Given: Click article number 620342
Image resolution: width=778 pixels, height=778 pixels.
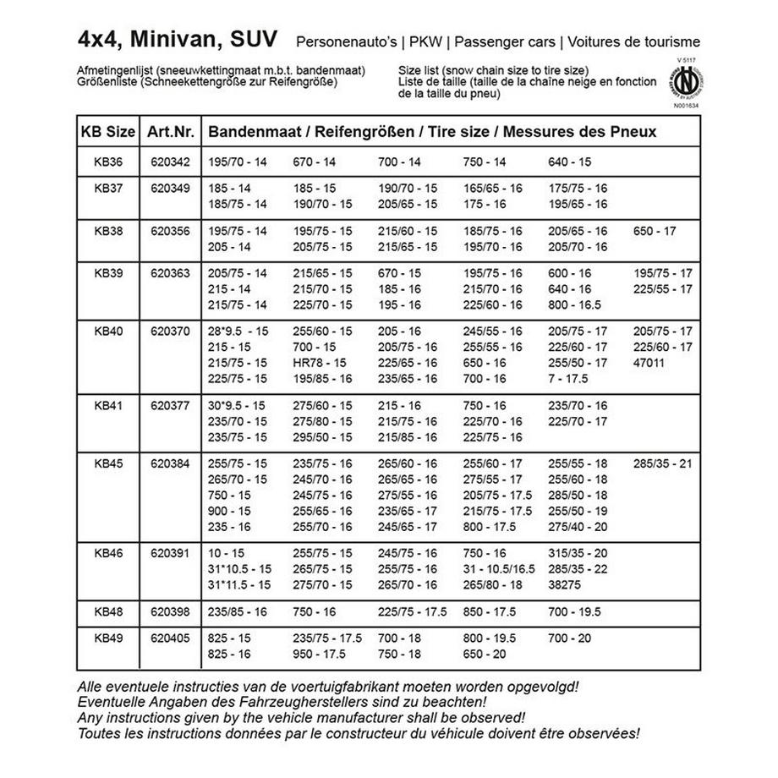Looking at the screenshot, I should click(170, 162).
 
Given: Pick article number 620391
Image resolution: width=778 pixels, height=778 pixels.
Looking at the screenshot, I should click(170, 553).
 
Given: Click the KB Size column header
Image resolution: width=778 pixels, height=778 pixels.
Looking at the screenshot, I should click(107, 133).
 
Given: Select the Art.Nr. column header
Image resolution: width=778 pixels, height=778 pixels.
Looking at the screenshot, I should click(171, 133).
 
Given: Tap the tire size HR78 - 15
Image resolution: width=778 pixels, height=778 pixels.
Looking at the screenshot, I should click(320, 363).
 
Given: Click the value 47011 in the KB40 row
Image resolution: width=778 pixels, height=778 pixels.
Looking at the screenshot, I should click(649, 363).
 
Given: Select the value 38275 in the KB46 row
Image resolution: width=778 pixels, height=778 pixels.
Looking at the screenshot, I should click(565, 584).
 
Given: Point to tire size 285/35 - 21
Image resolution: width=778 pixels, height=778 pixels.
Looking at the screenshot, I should click(663, 463).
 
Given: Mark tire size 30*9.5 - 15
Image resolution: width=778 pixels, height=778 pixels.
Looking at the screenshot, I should click(238, 405).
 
